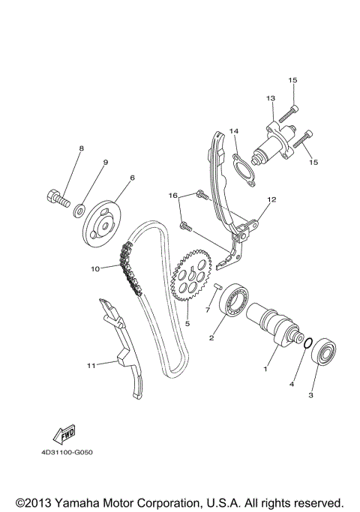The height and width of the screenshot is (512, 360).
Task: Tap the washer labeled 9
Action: coord(78,207)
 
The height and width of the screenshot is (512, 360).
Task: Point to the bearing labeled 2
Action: coord(234,301)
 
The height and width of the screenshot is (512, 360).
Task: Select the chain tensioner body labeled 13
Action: coord(274,140)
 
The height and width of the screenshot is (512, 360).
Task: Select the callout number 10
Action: coord(95,268)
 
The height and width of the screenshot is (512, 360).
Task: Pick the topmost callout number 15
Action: coord(292,80)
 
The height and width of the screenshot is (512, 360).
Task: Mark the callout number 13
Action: coord(271,98)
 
